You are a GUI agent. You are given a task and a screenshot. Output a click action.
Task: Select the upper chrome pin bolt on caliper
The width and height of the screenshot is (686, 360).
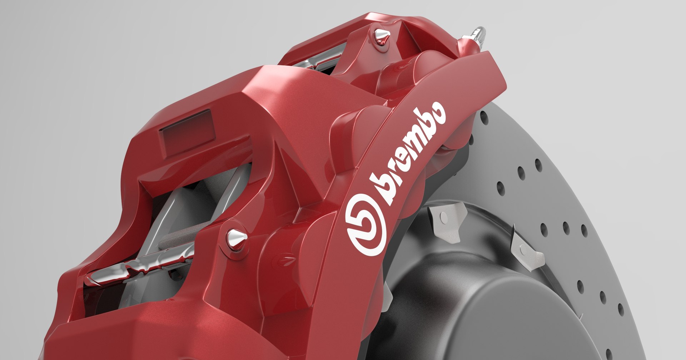pyautogui.click(x=381, y=36)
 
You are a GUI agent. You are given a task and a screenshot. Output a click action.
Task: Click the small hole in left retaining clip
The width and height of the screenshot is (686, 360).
pyautogui.click(x=443, y=216)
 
